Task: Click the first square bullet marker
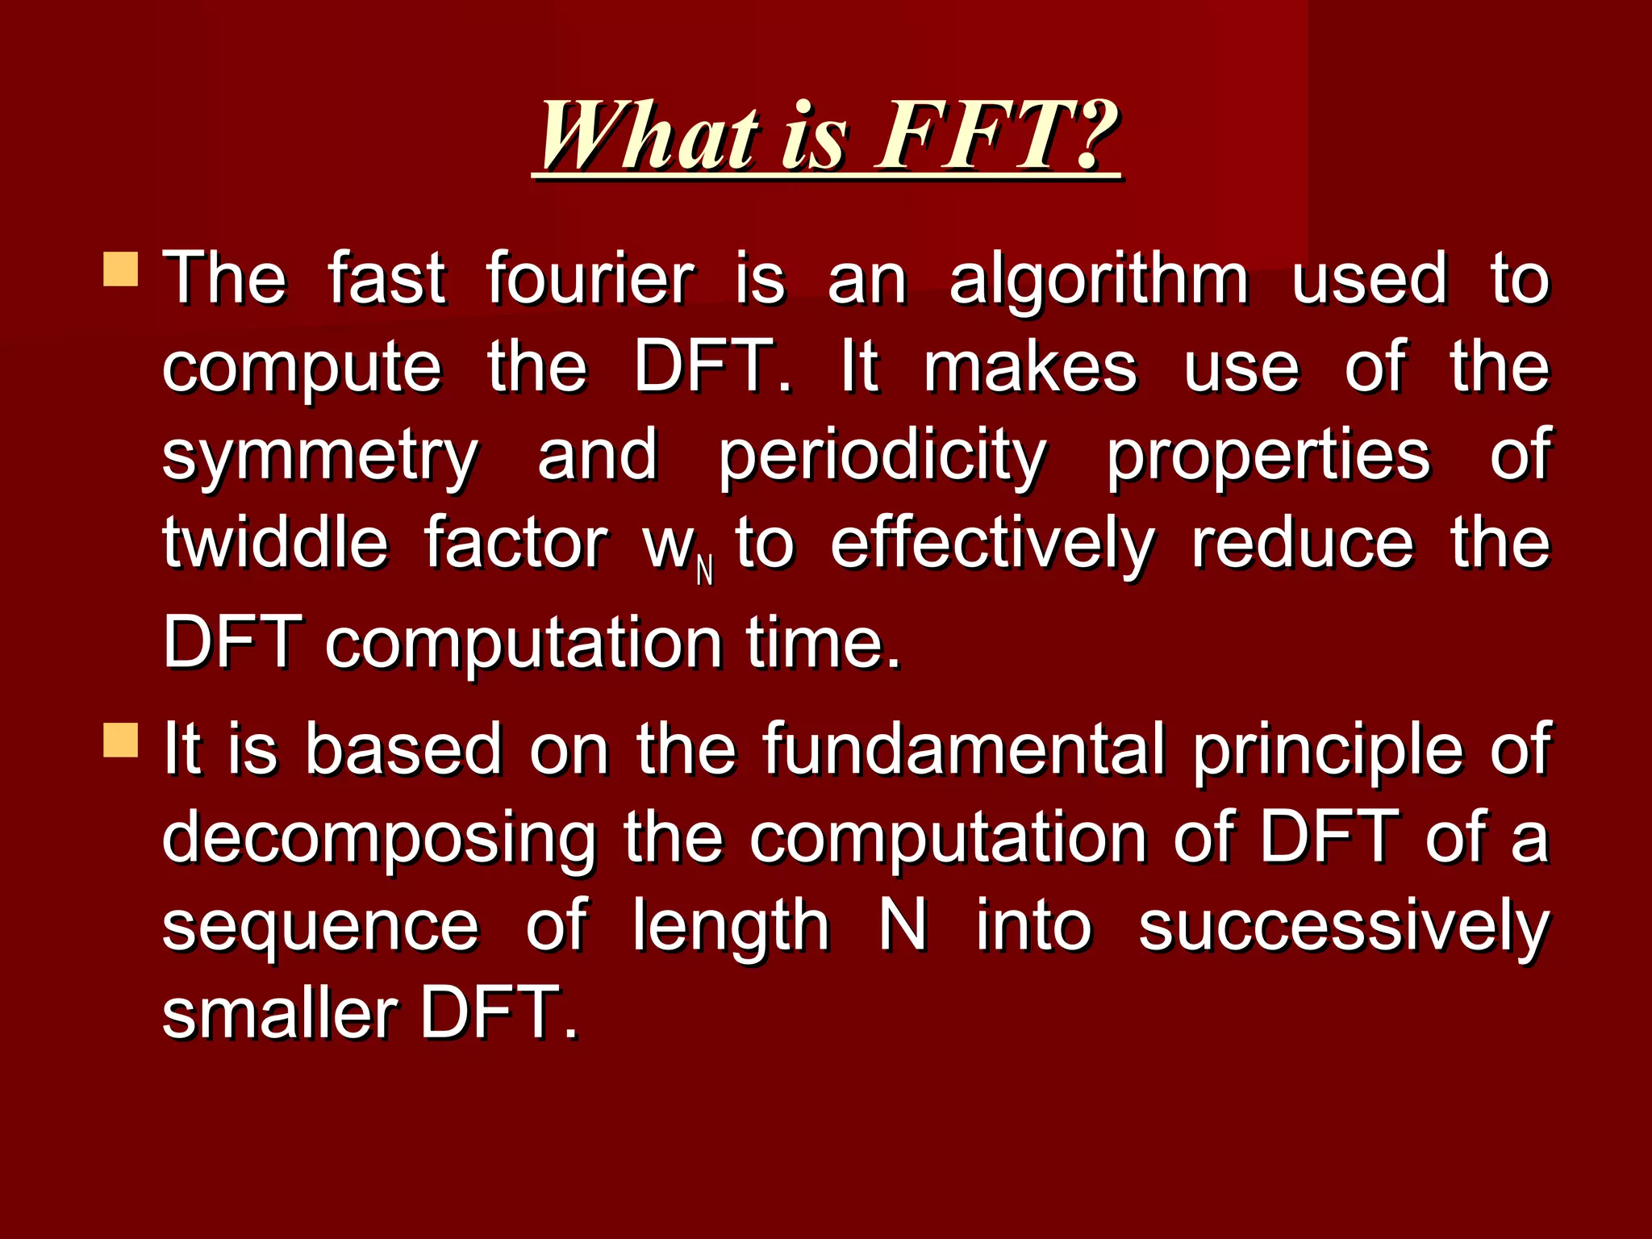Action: click(121, 269)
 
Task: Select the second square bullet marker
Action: click(121, 739)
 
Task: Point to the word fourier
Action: click(590, 279)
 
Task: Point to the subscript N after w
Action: click(704, 571)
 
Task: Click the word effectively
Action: click(992, 545)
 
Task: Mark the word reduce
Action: click(1303, 544)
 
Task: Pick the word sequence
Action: click(320, 928)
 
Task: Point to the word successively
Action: click(1343, 928)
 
